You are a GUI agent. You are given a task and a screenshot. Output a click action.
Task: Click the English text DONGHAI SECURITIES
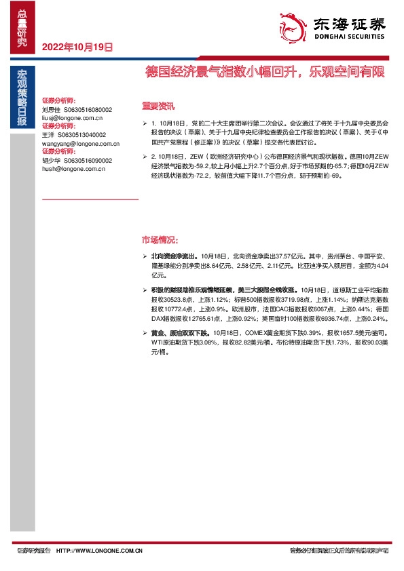(x=348, y=37)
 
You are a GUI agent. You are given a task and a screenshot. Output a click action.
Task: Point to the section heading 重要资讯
(x=158, y=106)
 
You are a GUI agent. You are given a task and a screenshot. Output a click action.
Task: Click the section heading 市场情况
(x=160, y=240)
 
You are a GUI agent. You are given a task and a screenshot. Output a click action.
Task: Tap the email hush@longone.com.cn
(x=73, y=169)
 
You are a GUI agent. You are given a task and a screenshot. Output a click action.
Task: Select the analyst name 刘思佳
(x=51, y=109)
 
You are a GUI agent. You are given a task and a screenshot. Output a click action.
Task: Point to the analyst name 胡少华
(x=51, y=161)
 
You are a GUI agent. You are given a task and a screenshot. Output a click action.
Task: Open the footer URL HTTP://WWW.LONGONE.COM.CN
(x=99, y=551)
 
